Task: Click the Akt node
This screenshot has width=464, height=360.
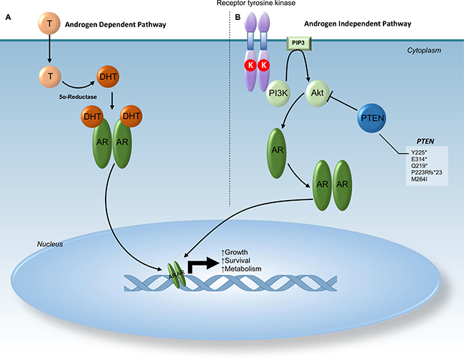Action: (318, 93)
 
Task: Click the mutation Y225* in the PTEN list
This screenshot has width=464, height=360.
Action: (412, 153)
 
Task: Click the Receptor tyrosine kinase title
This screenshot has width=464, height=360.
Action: (268, 4)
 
